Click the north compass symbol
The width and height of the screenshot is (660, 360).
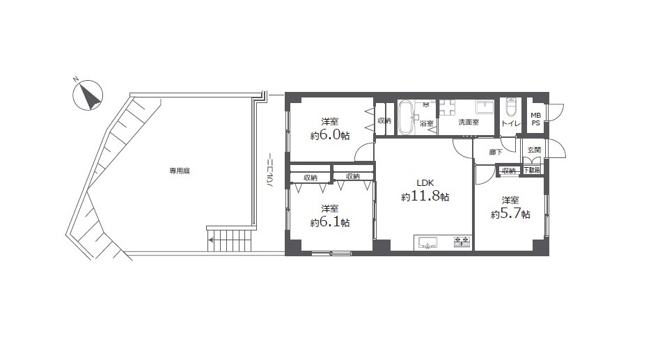[88, 95]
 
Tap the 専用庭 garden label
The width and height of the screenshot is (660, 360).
[180, 171]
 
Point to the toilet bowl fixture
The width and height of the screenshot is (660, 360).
[511, 108]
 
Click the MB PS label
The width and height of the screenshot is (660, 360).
[535, 119]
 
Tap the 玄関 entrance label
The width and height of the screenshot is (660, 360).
[534, 150]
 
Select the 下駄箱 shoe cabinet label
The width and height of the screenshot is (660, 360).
[531, 170]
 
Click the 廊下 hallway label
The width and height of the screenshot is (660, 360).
[496, 152]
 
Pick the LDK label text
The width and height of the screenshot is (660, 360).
[425, 182]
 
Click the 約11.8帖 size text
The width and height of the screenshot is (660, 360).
[425, 196]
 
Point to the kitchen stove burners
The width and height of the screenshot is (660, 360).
[462, 242]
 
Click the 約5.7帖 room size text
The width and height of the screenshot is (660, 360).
[510, 214]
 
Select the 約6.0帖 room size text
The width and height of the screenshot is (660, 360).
[330, 136]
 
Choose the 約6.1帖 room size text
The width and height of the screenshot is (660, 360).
[330, 222]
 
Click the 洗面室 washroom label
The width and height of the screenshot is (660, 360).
[469, 122]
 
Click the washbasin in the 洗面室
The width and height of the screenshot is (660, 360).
[485, 107]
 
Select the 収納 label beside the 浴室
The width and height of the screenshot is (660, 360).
[384, 121]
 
